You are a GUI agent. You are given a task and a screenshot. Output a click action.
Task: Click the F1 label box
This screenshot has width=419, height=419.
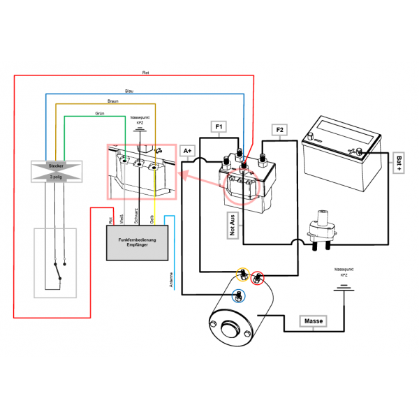click(x=219, y=127)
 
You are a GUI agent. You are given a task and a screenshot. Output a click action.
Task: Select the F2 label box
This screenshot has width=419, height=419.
click(x=279, y=131)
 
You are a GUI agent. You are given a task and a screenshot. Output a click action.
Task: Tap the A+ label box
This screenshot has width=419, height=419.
click(x=187, y=150)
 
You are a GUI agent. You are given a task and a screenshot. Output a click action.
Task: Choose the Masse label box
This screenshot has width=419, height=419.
click(x=313, y=321)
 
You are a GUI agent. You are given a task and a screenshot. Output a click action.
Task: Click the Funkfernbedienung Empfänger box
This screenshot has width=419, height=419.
click(x=138, y=243)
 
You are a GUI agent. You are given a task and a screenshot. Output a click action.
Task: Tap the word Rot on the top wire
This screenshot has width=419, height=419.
click(x=145, y=73)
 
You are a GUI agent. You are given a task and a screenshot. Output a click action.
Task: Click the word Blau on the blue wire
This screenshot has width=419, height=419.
click(x=128, y=91)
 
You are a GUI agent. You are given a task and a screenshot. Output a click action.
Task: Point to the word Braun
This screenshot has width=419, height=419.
click(x=113, y=101)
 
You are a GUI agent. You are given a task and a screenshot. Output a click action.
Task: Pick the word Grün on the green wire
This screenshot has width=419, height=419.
click(x=100, y=112)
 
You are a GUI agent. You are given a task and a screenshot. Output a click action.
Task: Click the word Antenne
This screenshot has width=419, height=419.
click(x=171, y=280)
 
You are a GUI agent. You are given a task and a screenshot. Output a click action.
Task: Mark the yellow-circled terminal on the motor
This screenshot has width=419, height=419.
click(x=242, y=272)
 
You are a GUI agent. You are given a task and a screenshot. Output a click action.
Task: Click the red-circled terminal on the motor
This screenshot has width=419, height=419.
click(x=258, y=277)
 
